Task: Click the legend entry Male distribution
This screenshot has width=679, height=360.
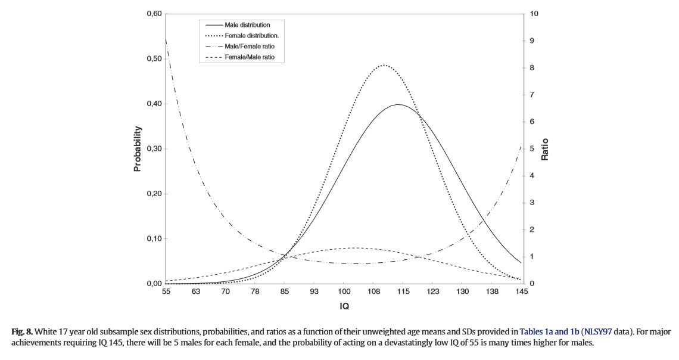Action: click(x=247, y=25)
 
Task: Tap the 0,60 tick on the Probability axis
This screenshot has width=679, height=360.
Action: click(x=154, y=14)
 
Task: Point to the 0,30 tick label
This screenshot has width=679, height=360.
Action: click(x=154, y=149)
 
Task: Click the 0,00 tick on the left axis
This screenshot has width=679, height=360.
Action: click(x=154, y=284)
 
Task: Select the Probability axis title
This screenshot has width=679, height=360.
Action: click(x=138, y=148)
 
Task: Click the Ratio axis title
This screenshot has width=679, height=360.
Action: click(x=544, y=150)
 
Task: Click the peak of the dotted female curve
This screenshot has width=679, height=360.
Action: click(x=384, y=65)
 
